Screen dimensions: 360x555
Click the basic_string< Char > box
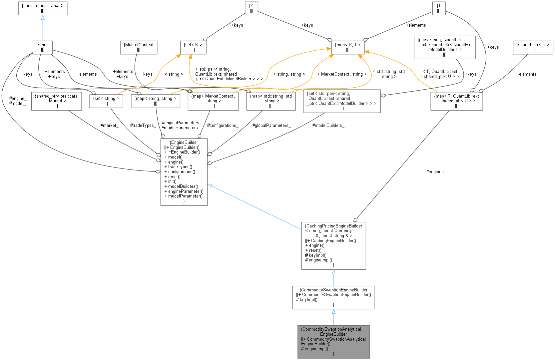43,8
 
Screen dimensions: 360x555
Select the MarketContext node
138,47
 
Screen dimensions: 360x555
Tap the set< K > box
193,47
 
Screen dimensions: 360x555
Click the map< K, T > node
347,47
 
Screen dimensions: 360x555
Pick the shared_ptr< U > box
533,47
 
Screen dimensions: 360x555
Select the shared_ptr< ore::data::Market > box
56,101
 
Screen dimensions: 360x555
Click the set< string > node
106,101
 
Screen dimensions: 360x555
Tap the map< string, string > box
155,101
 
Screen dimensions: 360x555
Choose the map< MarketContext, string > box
213,101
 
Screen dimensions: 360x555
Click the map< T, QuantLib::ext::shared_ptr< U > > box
456,101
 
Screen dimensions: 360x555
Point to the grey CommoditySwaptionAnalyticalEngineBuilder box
333,341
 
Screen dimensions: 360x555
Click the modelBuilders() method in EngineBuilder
183,186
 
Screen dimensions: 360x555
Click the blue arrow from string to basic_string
43,28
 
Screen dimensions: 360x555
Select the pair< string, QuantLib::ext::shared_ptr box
444,47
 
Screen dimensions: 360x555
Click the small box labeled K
251,8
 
